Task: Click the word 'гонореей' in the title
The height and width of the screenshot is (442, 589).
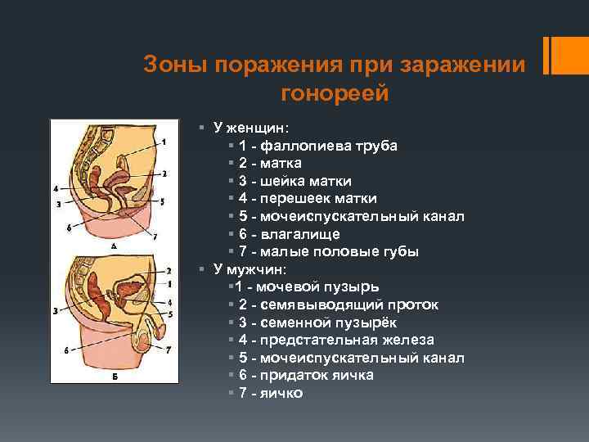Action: pos(335,94)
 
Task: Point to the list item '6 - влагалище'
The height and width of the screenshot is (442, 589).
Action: pos(290,234)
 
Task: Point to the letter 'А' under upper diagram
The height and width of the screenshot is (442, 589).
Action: pos(113,246)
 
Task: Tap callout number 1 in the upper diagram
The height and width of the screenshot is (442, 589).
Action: pos(164,142)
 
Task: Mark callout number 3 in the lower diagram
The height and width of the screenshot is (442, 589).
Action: pos(55,311)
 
